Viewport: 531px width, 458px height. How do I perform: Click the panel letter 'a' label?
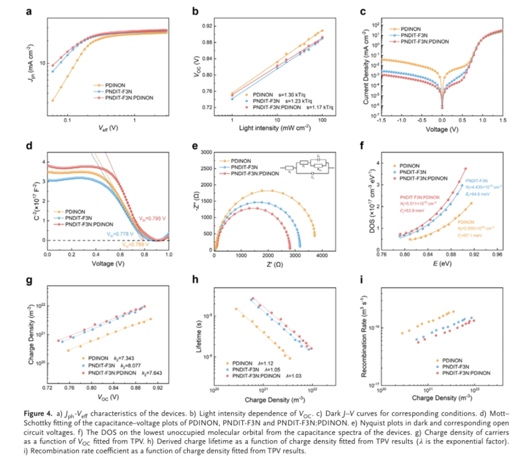click(29, 12)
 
